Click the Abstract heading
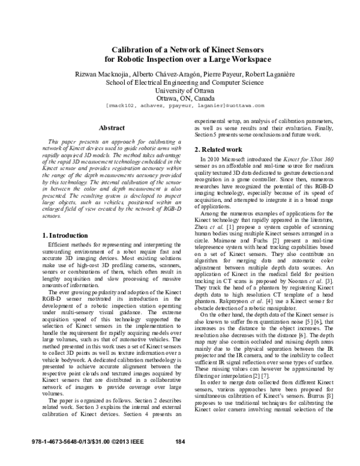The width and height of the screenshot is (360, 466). tap(111, 128)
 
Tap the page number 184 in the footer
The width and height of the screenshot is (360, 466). tap(179, 458)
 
